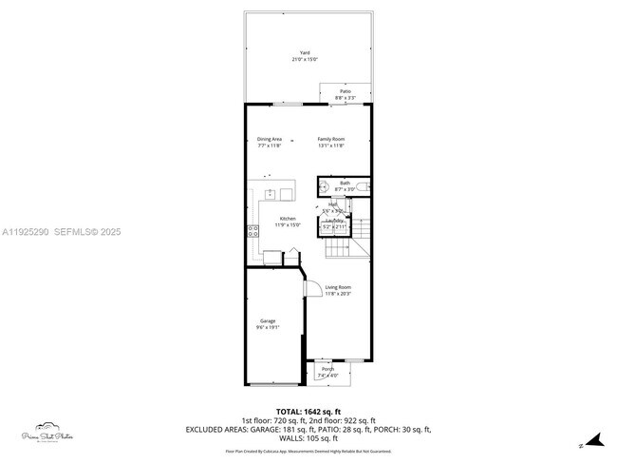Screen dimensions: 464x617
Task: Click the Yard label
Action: coord(305,53)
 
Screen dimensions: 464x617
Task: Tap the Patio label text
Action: coord(345,91)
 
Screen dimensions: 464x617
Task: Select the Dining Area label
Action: coord(270,139)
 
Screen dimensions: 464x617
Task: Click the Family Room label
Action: coord(330,139)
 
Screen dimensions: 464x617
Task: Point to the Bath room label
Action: coord(345,183)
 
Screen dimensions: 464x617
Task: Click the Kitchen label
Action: coord(288,218)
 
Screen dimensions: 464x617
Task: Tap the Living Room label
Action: coord(338,287)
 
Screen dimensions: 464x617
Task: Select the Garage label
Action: coord(268,320)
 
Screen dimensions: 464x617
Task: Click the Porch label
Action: coord(327,369)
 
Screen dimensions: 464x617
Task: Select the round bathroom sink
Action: coord(324,186)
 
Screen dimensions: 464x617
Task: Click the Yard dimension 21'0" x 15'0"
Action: coord(305,60)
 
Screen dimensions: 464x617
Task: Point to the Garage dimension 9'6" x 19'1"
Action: coord(268,327)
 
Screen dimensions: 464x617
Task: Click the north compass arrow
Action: coord(595,440)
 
